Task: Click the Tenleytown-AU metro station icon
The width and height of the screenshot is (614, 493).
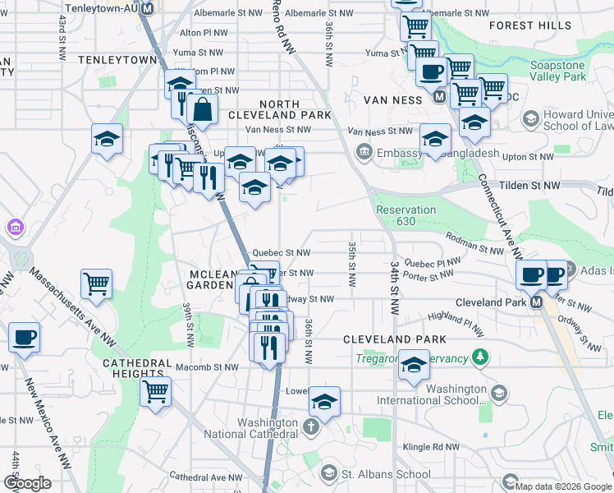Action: pyautogui.click(x=148, y=8)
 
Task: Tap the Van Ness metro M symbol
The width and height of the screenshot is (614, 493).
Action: pyautogui.click(x=439, y=97)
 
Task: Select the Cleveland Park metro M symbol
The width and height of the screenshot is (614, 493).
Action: pyautogui.click(x=536, y=302)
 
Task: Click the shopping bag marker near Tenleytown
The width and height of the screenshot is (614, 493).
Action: pyautogui.click(x=201, y=108)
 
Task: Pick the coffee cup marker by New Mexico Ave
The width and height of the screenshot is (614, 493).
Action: pyautogui.click(x=24, y=337)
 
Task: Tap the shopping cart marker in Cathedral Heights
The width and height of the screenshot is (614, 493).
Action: pyautogui.click(x=155, y=391)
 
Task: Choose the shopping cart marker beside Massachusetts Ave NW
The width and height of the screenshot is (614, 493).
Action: pyautogui.click(x=96, y=284)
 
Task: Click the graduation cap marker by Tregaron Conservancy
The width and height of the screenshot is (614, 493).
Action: pyautogui.click(x=414, y=365)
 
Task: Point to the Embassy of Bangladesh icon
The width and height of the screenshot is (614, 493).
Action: pyautogui.click(x=363, y=151)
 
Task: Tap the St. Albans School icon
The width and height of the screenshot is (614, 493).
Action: pyautogui.click(x=328, y=474)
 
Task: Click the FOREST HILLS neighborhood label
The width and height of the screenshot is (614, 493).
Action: pyautogui.click(x=541, y=26)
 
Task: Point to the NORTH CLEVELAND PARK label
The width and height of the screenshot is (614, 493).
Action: pyautogui.click(x=296, y=109)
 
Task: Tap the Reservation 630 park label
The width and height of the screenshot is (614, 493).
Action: pyautogui.click(x=406, y=215)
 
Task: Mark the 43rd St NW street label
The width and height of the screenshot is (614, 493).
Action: pyautogui.click(x=62, y=37)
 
